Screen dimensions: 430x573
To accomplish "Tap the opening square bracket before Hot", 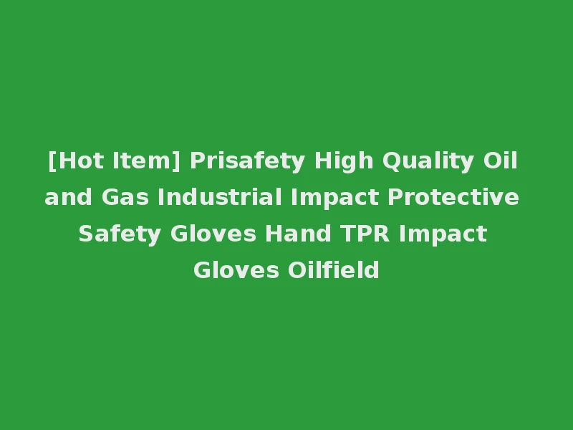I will pyautogui.click(x=52, y=161).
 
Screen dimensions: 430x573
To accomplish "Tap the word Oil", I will pyautogui.click(x=501, y=161).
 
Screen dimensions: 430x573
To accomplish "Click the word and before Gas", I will pyautogui.click(x=66, y=197).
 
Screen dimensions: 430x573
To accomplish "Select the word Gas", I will pyautogui.click(x=124, y=197).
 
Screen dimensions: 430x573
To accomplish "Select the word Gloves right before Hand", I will pyautogui.click(x=214, y=234).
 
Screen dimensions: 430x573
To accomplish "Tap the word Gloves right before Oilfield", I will pyautogui.click(x=236, y=271).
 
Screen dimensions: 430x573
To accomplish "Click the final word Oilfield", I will pyautogui.click(x=333, y=271).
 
